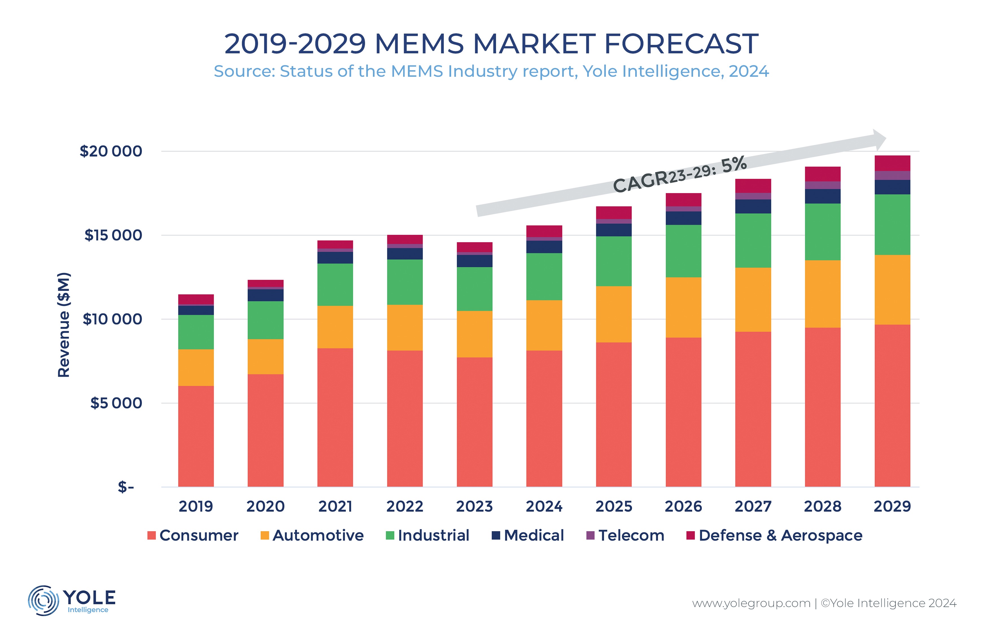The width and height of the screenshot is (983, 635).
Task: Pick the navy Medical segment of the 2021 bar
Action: click(x=335, y=257)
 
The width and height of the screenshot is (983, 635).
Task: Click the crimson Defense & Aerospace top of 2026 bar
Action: click(x=683, y=199)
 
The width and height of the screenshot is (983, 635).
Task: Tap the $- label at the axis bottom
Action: click(x=126, y=487)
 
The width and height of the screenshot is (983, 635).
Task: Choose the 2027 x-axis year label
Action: click(x=753, y=506)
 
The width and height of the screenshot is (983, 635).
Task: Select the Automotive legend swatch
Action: click(x=265, y=535)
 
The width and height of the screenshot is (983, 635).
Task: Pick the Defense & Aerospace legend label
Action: click(x=780, y=535)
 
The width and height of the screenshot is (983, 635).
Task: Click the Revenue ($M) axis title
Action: click(x=64, y=325)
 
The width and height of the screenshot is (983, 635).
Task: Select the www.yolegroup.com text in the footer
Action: click(x=751, y=603)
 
